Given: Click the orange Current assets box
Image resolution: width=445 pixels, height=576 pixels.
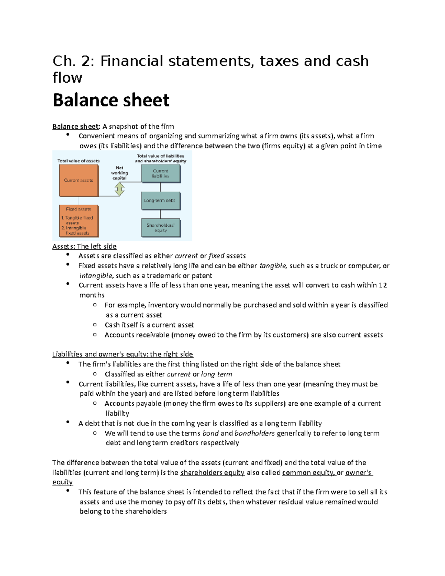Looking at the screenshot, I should (x=79, y=180).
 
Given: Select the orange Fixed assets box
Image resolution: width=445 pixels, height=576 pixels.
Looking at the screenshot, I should (x=79, y=221).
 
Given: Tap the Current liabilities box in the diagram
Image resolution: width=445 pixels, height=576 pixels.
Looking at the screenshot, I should (x=161, y=174).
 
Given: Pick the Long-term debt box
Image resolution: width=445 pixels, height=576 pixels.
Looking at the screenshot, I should (x=160, y=201).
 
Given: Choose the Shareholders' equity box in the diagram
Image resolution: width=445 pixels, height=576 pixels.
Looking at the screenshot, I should (x=161, y=228).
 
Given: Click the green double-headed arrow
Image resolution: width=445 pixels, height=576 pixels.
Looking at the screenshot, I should (x=119, y=189).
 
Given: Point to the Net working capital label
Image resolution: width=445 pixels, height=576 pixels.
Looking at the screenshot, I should (x=119, y=173).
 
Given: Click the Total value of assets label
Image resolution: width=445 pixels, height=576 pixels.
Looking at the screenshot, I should (x=78, y=161).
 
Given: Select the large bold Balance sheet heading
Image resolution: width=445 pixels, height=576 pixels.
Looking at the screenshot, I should (x=111, y=100).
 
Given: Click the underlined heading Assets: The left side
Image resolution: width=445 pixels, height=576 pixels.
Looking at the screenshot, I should (x=84, y=246).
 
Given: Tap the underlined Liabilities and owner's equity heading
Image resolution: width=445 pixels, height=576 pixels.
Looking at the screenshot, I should (x=122, y=354).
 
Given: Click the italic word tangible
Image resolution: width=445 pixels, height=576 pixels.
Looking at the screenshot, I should (x=273, y=266).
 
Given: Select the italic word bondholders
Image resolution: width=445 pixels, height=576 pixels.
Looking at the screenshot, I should (x=254, y=433).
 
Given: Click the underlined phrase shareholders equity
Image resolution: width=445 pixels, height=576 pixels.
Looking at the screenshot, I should (x=212, y=473).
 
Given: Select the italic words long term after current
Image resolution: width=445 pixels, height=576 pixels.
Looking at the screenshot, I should (x=217, y=374).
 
